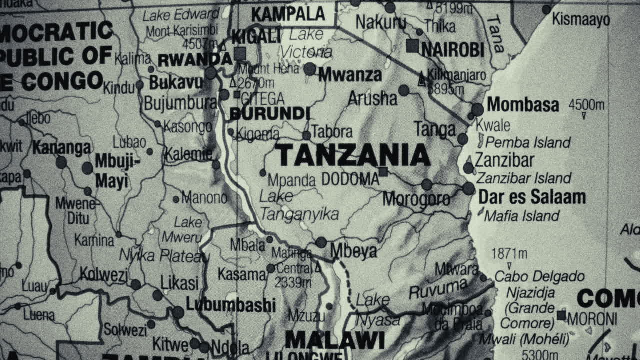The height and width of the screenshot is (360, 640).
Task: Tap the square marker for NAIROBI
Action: point(412,46)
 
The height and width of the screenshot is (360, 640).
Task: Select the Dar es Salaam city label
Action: point(532,197)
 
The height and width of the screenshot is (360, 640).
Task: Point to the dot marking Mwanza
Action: point(310,69)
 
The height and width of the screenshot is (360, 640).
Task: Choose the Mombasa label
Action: point(523,104)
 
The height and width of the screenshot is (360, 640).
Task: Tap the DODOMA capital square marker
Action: point(383,172)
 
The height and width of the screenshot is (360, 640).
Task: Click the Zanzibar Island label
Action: point(523,178)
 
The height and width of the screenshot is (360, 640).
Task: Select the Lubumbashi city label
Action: point(230,304)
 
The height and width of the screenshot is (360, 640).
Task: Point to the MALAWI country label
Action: point(335,340)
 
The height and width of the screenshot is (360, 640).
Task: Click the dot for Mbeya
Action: point(321,243)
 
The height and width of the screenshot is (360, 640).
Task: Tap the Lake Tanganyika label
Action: point(299,205)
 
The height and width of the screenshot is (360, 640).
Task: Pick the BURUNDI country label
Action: point(270,114)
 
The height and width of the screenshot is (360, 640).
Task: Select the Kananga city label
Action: point(62,148)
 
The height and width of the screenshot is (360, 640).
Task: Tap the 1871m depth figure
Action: point(509,254)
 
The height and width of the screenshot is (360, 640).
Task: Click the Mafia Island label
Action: point(521,216)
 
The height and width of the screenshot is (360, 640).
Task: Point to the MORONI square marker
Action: point(561,315)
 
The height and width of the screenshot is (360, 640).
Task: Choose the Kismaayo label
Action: point(581,20)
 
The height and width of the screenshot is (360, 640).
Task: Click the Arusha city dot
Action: point(404,90)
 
